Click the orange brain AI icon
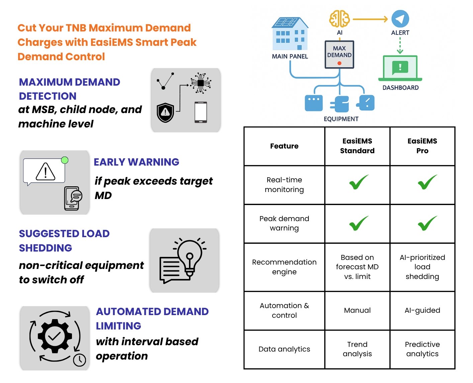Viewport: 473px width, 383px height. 339,19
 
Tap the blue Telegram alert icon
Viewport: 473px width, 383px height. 400,19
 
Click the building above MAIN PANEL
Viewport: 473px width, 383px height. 290,34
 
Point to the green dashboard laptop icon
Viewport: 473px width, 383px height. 400,68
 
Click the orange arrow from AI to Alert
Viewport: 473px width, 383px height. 370,19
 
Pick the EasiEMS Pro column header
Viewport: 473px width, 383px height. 422,146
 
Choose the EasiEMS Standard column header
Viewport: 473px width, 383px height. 357,146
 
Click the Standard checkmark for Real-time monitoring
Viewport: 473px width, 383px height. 359,182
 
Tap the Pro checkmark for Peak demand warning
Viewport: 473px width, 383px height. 427,223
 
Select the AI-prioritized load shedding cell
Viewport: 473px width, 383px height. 422,267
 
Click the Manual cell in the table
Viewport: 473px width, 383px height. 357,310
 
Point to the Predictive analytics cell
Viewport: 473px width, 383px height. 422,349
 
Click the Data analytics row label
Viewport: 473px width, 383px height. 284,349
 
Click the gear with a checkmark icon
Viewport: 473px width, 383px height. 55,336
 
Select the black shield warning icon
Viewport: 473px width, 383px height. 165,112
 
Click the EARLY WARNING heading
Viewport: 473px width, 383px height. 136,162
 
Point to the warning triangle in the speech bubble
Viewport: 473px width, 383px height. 45,171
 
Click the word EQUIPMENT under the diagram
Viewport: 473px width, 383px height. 341,119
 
